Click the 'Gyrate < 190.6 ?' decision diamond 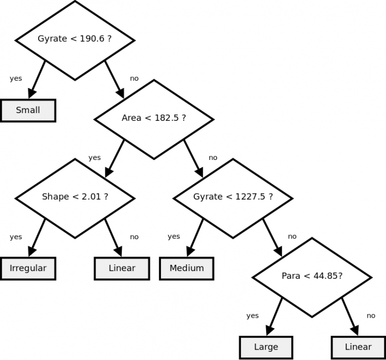click(75, 40)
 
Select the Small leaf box click(28, 111)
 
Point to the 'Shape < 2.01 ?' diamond click(75, 197)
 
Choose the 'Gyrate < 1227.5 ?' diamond click(233, 197)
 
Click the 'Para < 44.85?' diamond click(311, 277)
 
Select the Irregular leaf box click(28, 268)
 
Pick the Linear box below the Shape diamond click(122, 268)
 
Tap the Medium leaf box click(187, 268)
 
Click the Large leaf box click(266, 347)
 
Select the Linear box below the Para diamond click(358, 347)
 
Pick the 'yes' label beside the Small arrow click(16, 79)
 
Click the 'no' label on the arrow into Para click(292, 237)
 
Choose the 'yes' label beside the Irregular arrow click(16, 237)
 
